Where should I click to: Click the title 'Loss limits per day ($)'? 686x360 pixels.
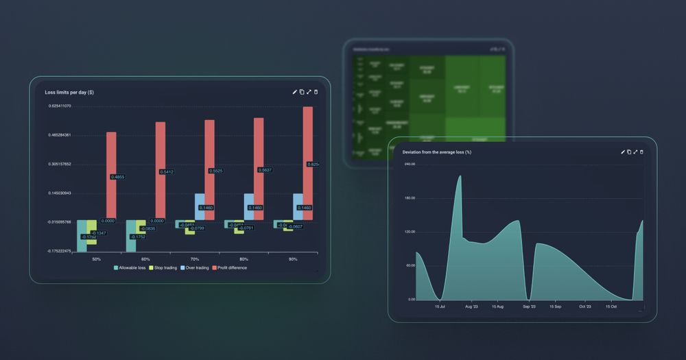pyautogui.click(x=69, y=92)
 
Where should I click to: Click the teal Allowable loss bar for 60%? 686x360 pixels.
pyautogui.click(x=130, y=236)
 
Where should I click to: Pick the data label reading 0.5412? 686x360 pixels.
pyautogui.click(x=167, y=171)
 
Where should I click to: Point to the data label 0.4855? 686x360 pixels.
pyautogui.click(x=117, y=177)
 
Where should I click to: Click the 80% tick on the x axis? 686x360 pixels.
pyautogui.click(x=244, y=259)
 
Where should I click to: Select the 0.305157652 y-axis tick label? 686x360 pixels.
pyautogui.click(x=60, y=165)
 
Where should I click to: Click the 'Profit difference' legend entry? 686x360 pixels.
pyautogui.click(x=229, y=267)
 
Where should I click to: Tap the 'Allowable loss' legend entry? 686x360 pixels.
pyautogui.click(x=129, y=267)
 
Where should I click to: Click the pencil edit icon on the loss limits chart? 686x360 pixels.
pyautogui.click(x=295, y=92)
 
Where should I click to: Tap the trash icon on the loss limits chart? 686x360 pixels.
pyautogui.click(x=316, y=92)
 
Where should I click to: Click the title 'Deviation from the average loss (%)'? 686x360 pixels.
pyautogui.click(x=436, y=152)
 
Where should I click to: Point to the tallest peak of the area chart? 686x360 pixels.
pyautogui.click(x=459, y=177)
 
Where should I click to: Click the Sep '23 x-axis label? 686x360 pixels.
pyautogui.click(x=529, y=307)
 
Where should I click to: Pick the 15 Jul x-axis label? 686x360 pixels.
pyautogui.click(x=440, y=307)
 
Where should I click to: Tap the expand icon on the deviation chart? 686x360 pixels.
pyautogui.click(x=635, y=152)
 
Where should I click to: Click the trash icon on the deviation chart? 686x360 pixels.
pyautogui.click(x=641, y=152)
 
